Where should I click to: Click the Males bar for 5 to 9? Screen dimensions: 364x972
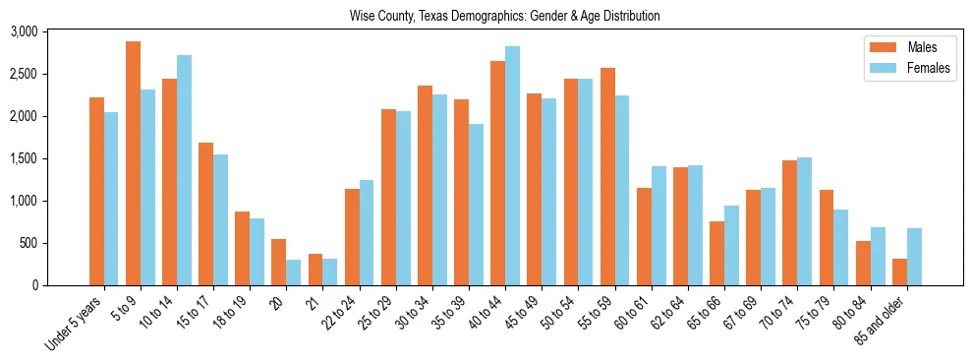pos(134,163)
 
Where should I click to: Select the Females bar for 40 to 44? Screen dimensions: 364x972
pos(512,165)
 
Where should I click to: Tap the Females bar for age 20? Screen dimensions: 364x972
pos(294,273)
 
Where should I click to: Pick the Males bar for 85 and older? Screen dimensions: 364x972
pos(900,272)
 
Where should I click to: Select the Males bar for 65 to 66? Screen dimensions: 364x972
pos(717,253)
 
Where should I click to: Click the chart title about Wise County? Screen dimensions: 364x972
pos(504,17)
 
